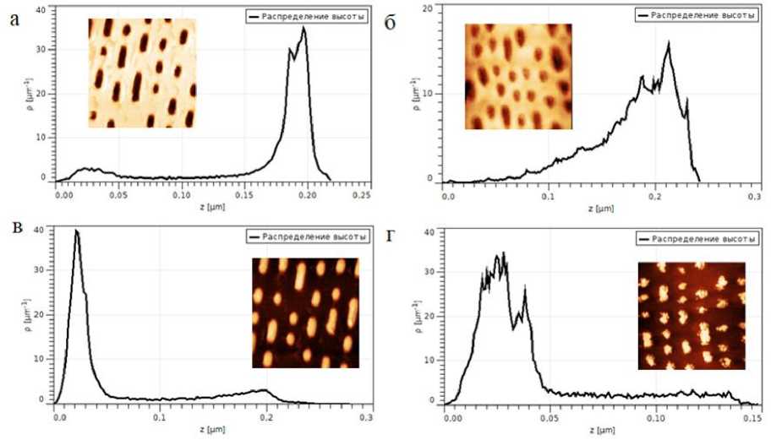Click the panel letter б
391,23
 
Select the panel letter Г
390,234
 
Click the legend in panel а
307,15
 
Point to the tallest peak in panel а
303,28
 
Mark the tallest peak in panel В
76,231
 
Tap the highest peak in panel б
669,43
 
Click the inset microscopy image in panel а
142,73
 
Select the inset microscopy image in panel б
518,77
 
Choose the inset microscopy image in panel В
306,314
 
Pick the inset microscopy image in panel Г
691,316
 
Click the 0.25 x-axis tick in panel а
361,194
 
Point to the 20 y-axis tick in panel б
428,8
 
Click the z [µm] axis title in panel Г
602,431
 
